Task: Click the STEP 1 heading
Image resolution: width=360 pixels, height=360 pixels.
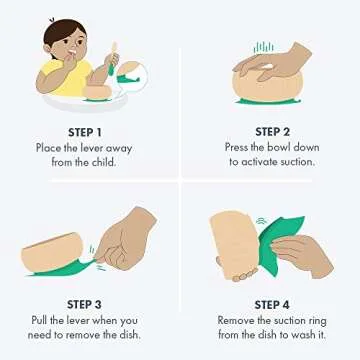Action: coord(85,132)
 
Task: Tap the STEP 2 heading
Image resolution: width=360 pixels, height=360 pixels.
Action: coord(272,132)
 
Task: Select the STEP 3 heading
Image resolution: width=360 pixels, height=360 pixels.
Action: coord(84,305)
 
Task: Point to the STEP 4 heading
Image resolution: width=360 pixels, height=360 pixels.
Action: coord(272,305)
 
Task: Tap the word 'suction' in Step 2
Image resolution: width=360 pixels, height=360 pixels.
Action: coord(294,162)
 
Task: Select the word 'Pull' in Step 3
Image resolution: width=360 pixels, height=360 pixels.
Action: coord(40,320)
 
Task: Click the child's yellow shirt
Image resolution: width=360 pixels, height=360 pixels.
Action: coord(72,78)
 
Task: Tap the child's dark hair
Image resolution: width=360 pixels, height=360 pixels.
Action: coord(63,33)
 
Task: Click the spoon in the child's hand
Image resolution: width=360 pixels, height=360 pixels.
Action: coord(113,59)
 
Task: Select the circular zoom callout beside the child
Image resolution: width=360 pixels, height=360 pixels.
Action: coord(133,77)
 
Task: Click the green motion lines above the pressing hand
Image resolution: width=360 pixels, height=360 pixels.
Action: coord(263,47)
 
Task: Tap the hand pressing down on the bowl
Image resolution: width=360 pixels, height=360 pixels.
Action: coord(272,63)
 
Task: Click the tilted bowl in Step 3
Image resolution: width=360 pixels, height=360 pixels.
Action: coord(53,252)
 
